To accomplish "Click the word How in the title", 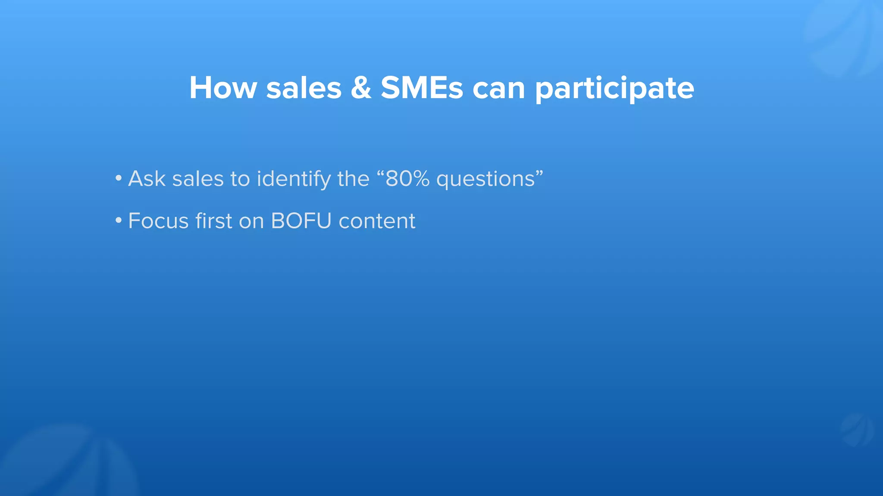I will [223, 88].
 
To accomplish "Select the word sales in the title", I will [304, 88].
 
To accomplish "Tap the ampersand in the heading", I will [361, 88].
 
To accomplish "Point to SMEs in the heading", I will [422, 88].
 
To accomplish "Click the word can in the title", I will [499, 88].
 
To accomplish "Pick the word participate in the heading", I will [615, 90].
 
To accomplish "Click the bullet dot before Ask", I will [118, 178].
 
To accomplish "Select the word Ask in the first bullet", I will [147, 178].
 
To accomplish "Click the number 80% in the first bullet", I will [407, 178].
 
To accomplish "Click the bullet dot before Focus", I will [118, 220].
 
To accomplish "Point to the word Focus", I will [159, 221].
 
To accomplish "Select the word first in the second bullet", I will [213, 221].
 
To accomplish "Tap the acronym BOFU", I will [301, 221].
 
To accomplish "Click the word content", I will [377, 221].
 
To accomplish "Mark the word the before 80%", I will [353, 178].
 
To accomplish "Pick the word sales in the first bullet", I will [198, 178].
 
